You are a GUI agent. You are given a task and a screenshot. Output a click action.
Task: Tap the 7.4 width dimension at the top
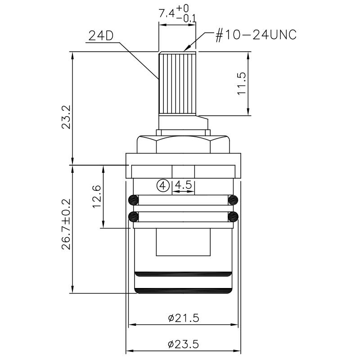(x=166, y=14)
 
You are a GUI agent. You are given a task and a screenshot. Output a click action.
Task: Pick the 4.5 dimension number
(x=184, y=184)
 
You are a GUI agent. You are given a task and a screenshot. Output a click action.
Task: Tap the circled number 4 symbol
(x=163, y=184)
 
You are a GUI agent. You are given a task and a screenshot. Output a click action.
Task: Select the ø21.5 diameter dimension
(x=184, y=318)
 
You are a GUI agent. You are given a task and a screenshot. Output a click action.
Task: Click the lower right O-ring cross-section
(x=233, y=217)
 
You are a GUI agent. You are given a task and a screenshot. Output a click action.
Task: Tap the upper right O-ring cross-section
(x=233, y=199)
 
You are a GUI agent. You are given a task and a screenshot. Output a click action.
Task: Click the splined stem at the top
(x=177, y=83)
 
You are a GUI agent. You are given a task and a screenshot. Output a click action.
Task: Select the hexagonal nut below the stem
(x=183, y=144)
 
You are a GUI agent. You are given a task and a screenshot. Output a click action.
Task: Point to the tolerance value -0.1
(x=187, y=18)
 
